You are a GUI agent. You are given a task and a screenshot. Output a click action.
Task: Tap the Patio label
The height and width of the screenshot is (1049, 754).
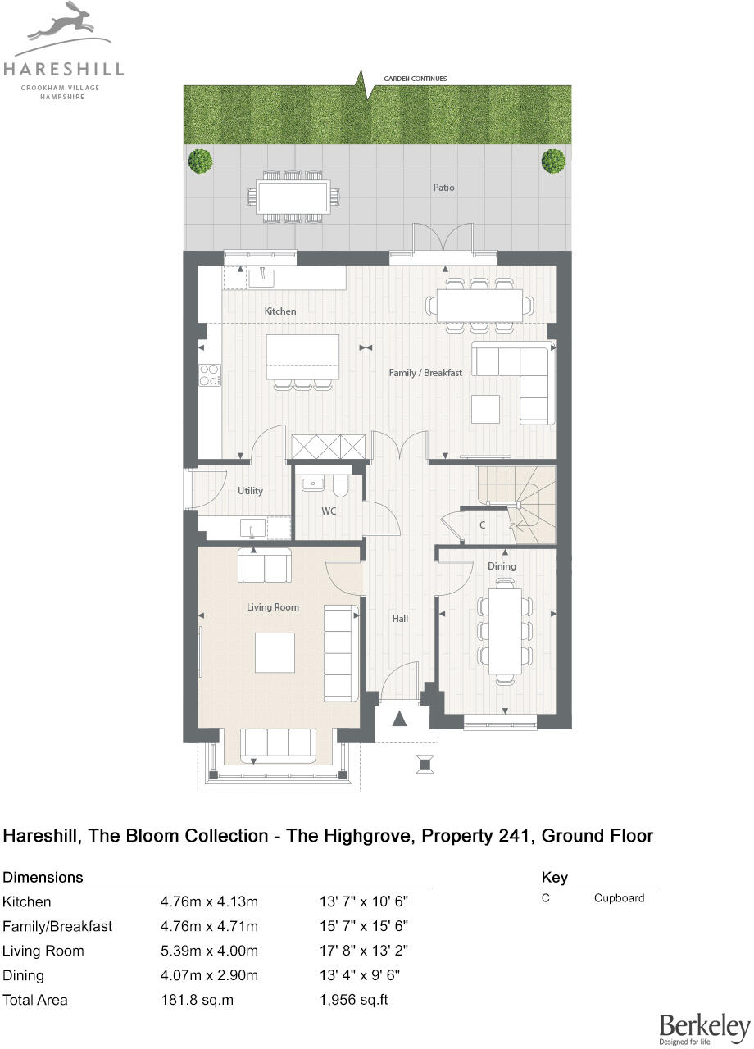[443, 188]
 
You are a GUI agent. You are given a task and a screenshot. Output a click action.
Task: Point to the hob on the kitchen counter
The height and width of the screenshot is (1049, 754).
[209, 375]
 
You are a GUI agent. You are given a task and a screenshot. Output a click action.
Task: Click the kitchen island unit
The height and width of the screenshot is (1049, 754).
[302, 357]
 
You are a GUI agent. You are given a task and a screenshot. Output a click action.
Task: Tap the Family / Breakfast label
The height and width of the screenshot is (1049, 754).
[425, 373]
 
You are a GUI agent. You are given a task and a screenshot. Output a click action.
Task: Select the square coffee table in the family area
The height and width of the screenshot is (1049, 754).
[485, 409]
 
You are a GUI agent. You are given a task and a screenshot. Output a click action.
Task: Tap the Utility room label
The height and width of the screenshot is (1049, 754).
[250, 491]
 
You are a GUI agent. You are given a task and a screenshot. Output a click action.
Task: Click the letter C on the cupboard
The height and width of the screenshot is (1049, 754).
[483, 525]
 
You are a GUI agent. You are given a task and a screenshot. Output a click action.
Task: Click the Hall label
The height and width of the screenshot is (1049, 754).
[400, 619]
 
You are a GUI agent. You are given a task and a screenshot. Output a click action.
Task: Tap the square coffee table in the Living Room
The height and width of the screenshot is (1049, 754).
[275, 652]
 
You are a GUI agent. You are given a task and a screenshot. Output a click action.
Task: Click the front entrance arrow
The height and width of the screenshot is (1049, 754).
[399, 720]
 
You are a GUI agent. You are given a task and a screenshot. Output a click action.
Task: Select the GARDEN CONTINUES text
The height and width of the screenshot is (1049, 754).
[416, 79]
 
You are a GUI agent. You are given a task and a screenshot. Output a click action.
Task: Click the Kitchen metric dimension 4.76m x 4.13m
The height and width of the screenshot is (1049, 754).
[209, 902]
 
